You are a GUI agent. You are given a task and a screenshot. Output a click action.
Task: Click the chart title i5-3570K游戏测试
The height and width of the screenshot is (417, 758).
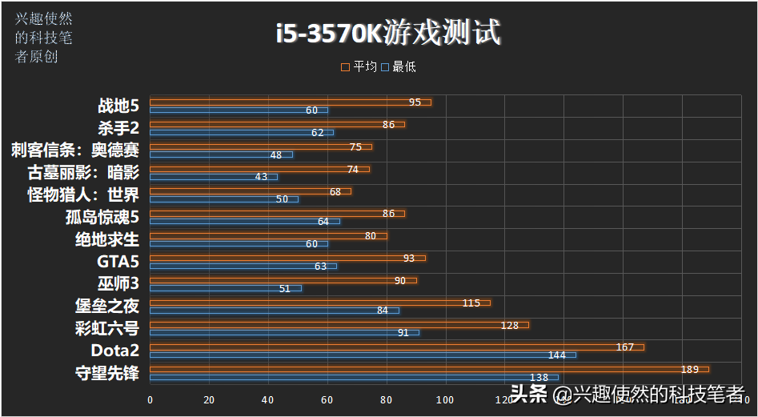click(388, 33)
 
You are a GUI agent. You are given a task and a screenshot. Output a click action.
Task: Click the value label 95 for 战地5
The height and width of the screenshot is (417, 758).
click(415, 102)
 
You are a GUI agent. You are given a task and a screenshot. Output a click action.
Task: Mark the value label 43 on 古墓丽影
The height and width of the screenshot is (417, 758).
click(261, 176)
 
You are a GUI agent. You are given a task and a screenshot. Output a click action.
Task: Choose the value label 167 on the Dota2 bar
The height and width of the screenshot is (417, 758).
click(625, 347)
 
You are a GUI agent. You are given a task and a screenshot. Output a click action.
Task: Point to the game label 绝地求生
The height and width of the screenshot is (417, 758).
click(107, 239)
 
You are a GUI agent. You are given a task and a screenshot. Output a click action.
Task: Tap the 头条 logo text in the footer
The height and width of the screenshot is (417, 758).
click(529, 394)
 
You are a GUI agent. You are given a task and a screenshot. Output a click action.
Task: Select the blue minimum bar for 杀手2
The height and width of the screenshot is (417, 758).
click(242, 132)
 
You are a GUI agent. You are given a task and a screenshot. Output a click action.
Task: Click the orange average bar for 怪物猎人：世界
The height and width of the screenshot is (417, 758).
click(251, 191)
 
